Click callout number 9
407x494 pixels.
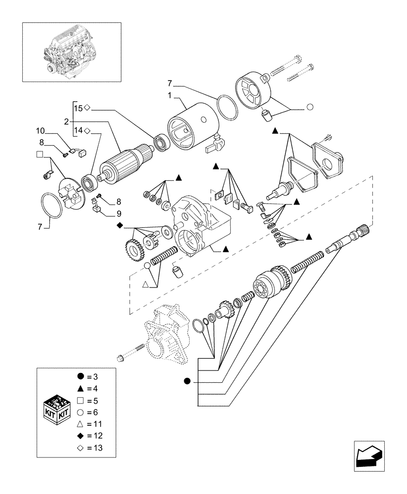(x=119, y=214)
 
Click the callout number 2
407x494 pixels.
(x=66, y=121)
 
